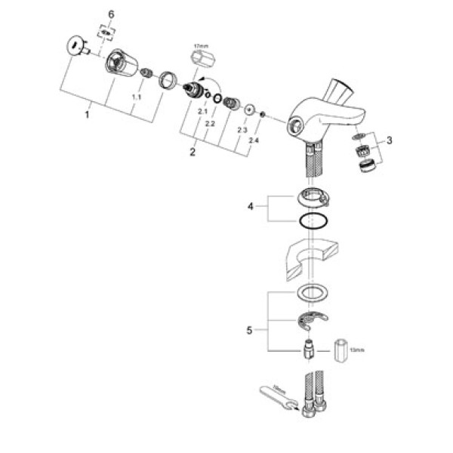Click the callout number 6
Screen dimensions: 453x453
(112, 14)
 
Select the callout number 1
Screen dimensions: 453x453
(87, 115)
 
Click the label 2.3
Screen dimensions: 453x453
(242, 131)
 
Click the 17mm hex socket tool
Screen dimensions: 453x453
(200, 59)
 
